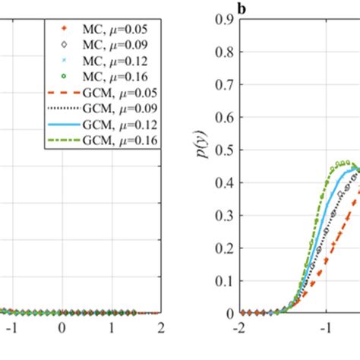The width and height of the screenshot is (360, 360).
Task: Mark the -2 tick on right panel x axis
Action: (x=241, y=327)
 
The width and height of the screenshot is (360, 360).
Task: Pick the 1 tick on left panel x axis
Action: (x=112, y=327)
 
